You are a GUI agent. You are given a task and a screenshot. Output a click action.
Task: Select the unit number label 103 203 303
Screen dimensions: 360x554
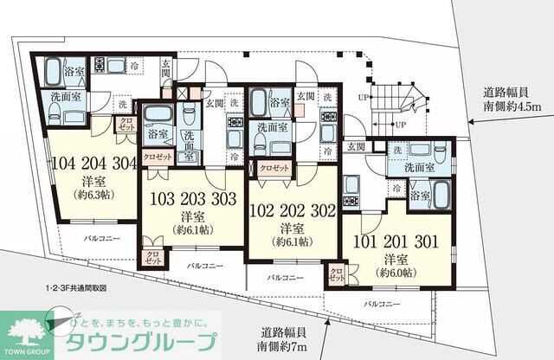pos(193,197)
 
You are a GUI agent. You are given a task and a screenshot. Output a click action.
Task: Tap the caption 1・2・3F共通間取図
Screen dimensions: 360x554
pos(82,286)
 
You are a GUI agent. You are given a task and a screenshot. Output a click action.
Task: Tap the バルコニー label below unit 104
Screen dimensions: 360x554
pos(101,235)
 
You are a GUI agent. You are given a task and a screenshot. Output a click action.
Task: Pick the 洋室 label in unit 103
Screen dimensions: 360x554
pos(192,214)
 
